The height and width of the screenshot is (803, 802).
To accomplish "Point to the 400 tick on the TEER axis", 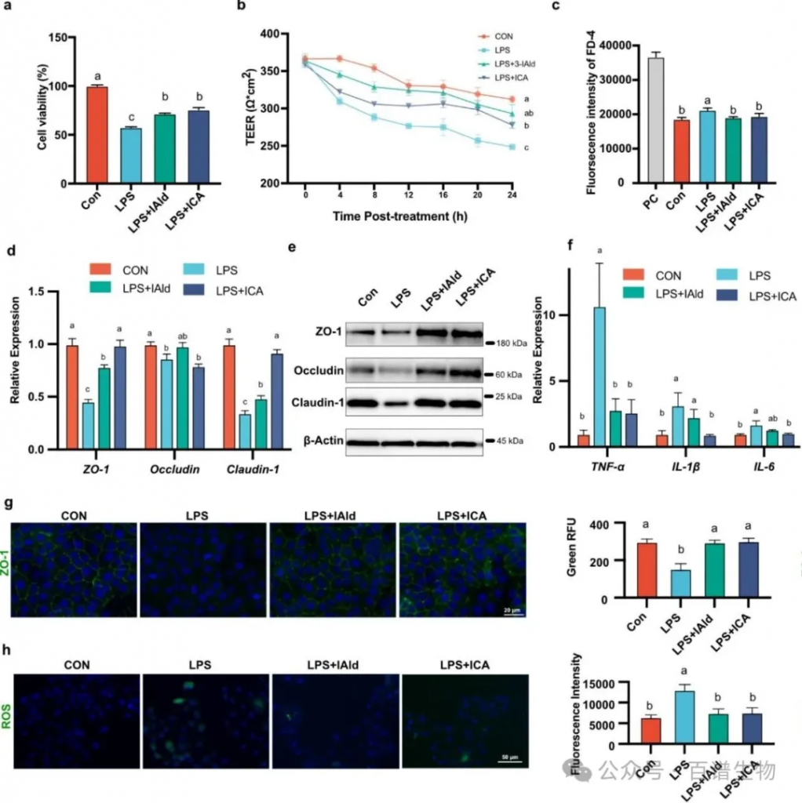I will coord(270,34).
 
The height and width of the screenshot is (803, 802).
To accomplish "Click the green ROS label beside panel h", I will coord(8,719).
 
